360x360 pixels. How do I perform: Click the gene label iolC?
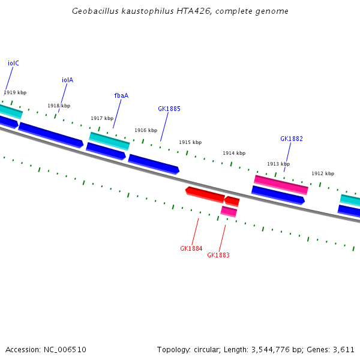pyautogui.click(x=13, y=63)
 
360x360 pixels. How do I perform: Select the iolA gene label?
pyautogui.click(x=67, y=80)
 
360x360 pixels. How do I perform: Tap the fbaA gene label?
pyautogui.click(x=121, y=95)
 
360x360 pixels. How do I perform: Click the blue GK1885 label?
pyautogui.click(x=169, y=109)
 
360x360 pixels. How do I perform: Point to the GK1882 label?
pyautogui.click(x=292, y=139)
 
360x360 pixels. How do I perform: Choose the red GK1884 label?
pyautogui.click(x=191, y=248)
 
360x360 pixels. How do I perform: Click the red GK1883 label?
pyautogui.click(x=218, y=255)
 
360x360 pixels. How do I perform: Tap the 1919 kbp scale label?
pyautogui.click(x=15, y=92)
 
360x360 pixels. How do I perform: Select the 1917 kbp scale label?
pyautogui.click(x=102, y=118)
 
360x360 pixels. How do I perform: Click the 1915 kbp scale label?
pyautogui.click(x=190, y=142)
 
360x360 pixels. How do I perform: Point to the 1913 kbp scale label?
pyautogui.click(x=278, y=164)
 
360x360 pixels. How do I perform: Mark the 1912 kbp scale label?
pyautogui.click(x=322, y=173)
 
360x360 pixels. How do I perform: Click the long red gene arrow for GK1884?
pyautogui.click(x=205, y=193)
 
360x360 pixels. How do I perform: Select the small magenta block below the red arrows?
pyautogui.click(x=229, y=211)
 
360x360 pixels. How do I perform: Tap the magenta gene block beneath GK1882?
pyautogui.click(x=281, y=184)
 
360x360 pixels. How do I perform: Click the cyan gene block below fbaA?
pyautogui.click(x=109, y=140)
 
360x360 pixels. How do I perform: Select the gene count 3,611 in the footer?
pyautogui.click(x=344, y=349)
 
